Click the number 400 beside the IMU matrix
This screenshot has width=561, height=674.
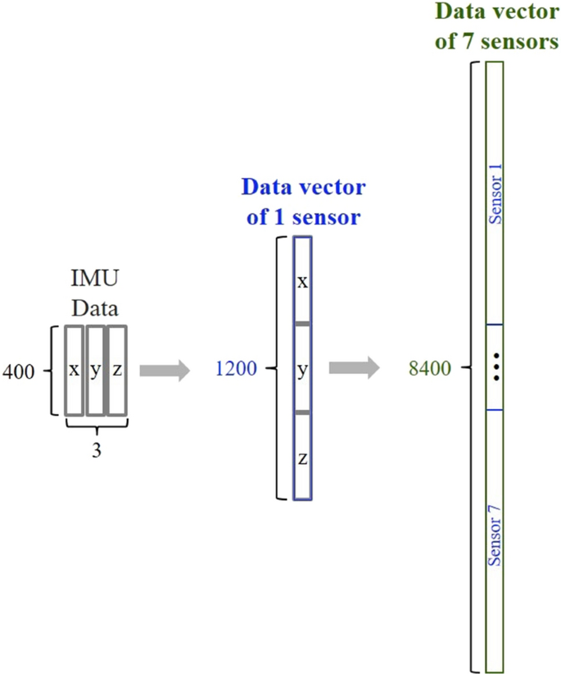[x=18, y=371]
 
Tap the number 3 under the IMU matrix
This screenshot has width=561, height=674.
[x=96, y=449]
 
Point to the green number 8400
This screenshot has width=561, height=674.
[x=430, y=370]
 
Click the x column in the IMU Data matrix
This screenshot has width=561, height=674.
[x=75, y=371]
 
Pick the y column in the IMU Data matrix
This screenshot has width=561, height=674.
[x=96, y=371]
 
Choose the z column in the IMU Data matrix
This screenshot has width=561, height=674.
[x=117, y=371]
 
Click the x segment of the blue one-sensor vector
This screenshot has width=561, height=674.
[x=303, y=281]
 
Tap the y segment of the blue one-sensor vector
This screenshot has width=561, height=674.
[x=303, y=370]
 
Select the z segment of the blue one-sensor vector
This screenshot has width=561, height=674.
[x=303, y=458]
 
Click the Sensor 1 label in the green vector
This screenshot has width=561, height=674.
[x=495, y=194]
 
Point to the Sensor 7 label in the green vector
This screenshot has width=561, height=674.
[x=495, y=537]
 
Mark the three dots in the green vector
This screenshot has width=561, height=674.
[x=495, y=367]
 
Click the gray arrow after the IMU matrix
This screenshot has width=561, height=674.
[x=164, y=371]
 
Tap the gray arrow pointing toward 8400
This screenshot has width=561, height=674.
[x=354, y=368]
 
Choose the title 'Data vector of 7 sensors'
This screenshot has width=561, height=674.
[x=496, y=26]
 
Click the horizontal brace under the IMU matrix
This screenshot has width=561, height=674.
[x=96, y=427]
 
